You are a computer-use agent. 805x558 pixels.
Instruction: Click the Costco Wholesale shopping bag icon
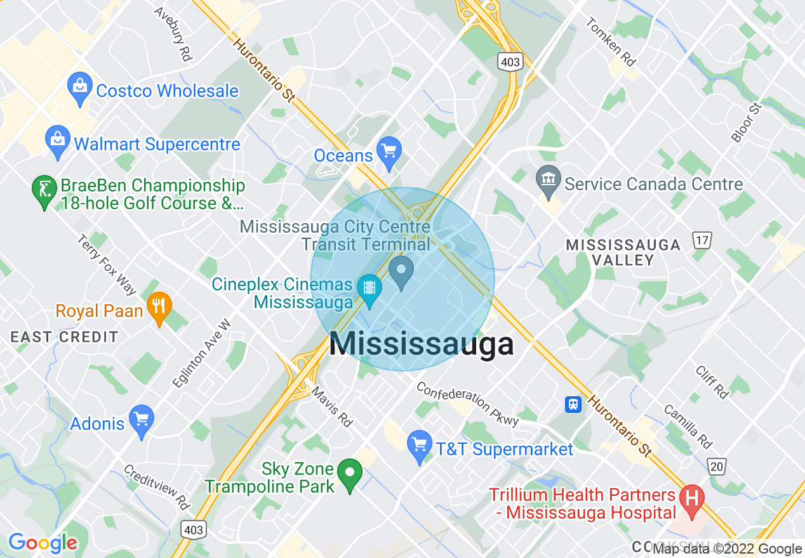point(81,89)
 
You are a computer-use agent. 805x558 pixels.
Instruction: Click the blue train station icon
point(573,404)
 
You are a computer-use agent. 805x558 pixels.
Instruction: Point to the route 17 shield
point(702,240)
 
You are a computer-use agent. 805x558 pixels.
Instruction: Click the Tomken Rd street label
point(611,42)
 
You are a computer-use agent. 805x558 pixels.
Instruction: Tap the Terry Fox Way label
point(106,264)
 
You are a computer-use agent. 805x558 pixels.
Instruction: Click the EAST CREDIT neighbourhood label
point(64,337)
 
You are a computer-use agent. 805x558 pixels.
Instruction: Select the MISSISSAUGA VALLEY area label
point(623,252)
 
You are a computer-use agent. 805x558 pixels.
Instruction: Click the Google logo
point(43,543)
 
